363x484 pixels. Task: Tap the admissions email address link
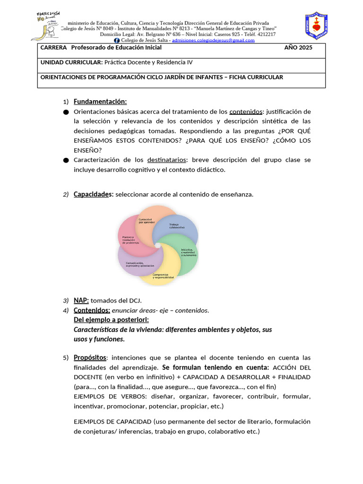(x=213, y=41)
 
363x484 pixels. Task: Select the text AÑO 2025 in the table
(x=298, y=48)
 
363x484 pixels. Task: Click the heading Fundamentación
(x=100, y=102)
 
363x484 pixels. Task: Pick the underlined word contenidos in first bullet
(x=246, y=112)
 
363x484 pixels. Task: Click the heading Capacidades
(x=93, y=194)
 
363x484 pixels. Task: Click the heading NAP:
(x=81, y=300)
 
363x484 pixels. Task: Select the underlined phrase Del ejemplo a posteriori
(x=111, y=320)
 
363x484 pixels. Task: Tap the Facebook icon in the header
(x=124, y=41)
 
